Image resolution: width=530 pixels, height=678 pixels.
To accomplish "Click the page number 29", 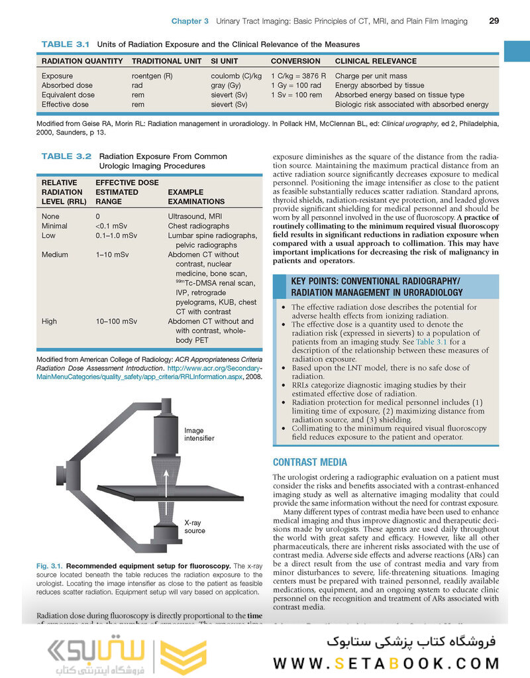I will coord(494,21).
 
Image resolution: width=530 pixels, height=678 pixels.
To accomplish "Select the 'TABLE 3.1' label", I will coord(65,44).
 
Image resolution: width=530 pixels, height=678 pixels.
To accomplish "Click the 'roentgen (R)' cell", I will coord(152,76).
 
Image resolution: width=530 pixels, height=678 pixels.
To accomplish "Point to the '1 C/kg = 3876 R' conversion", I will coord(298,76).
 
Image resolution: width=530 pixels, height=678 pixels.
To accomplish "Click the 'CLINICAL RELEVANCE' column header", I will coord(376,61).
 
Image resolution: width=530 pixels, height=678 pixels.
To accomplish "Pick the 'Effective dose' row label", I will coord(65,104).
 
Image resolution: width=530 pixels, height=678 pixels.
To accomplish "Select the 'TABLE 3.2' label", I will coord(66,156).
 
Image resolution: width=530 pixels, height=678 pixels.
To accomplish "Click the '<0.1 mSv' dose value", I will coord(111,226).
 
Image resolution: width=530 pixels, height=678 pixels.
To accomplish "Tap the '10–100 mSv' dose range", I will coord(117,321).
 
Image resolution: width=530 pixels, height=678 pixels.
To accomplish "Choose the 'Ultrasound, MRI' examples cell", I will coord(197,217).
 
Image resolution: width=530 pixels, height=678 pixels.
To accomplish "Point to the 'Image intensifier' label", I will coord(199,434).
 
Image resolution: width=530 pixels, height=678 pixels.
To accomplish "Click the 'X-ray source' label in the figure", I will coord(194,527).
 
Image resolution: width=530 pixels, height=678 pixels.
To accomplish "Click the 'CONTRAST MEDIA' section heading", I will coord(309,462).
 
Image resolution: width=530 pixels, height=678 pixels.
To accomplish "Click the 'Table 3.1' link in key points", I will coord(431,341).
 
